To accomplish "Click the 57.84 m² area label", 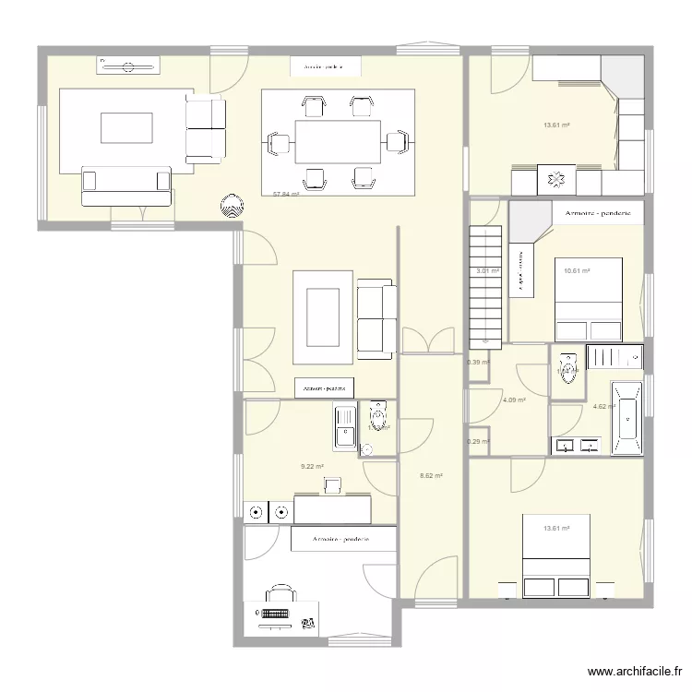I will pos(285,195).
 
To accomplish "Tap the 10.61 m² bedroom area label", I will pos(577,270).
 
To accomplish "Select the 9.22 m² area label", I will pos(312,466).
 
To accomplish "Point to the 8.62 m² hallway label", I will pos(432,476).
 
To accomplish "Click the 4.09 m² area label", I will pos(514,400).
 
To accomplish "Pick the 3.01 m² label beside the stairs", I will pos(487,271).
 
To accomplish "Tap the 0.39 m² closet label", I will pos(478,362).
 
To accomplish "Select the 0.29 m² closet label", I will pos(478,441).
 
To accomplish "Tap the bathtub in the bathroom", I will pos(628,417).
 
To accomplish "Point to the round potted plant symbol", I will pos(231,206).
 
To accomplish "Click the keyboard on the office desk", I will pos(278,612).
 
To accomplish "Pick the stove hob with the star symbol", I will pos(556,179).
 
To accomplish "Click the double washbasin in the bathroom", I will pos(578,447).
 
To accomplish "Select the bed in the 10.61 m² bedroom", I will pos(588,305).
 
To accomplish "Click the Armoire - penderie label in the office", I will pos(340,539).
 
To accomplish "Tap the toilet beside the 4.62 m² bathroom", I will pos(567,369).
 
